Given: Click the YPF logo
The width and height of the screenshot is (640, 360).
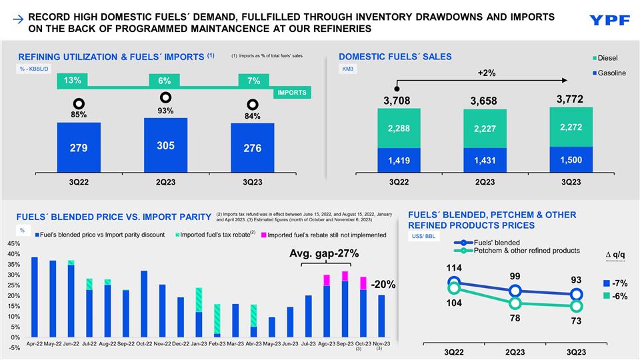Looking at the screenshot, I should pyautogui.click(x=609, y=20).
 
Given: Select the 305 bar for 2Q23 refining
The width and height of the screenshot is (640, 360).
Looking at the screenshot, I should pyautogui.click(x=165, y=145).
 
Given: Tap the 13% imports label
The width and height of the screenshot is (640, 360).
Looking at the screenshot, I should pyautogui.click(x=73, y=81).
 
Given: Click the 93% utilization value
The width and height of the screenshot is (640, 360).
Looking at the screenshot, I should pyautogui.click(x=165, y=111).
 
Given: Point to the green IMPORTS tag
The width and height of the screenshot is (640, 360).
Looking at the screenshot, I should pyautogui.click(x=291, y=93).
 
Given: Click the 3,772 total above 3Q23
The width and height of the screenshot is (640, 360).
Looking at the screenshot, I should pyautogui.click(x=569, y=99).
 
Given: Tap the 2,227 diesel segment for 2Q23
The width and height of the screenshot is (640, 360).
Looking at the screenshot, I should pyautogui.click(x=485, y=129).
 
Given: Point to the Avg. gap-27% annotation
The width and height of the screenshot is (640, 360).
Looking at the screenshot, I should pyautogui.click(x=324, y=253).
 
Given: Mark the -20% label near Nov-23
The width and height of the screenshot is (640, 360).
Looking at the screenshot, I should pyautogui.click(x=383, y=285).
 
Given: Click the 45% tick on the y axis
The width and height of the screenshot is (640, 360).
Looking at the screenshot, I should pyautogui.click(x=13, y=244).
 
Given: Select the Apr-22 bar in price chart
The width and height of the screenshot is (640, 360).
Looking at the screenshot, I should pyautogui.click(x=34, y=297).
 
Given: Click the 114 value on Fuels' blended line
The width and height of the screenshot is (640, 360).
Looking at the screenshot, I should pyautogui.click(x=454, y=268).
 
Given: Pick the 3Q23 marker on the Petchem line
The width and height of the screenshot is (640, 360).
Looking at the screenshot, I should pyautogui.click(x=576, y=307).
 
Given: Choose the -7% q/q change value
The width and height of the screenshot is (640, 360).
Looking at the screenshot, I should pyautogui.click(x=619, y=283).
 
